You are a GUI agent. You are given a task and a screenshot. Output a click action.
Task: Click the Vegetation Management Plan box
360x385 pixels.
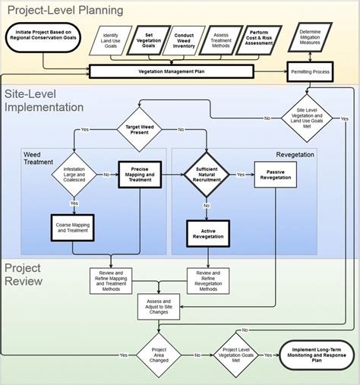tap(169, 71)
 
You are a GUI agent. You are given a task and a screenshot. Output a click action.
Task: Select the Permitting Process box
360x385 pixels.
tap(311, 71)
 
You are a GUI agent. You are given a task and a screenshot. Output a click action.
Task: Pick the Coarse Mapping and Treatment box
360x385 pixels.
tap(74, 226)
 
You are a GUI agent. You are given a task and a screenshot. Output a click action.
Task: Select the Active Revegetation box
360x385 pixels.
tap(207, 234)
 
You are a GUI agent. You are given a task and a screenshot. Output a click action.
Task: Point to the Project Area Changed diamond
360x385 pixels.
tap(158, 355)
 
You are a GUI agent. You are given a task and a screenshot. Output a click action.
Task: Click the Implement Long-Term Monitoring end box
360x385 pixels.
tap(309, 355)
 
